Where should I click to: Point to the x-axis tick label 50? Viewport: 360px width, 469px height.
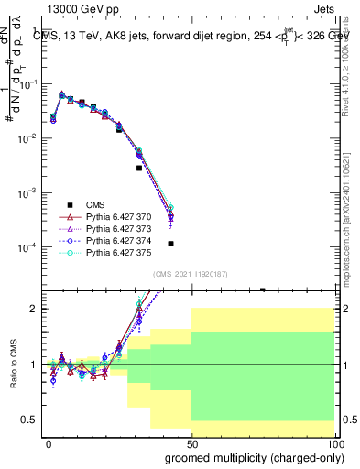191,442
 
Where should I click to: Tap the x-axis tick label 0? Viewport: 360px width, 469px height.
49,442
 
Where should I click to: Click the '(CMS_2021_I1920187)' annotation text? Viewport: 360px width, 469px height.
190,274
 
